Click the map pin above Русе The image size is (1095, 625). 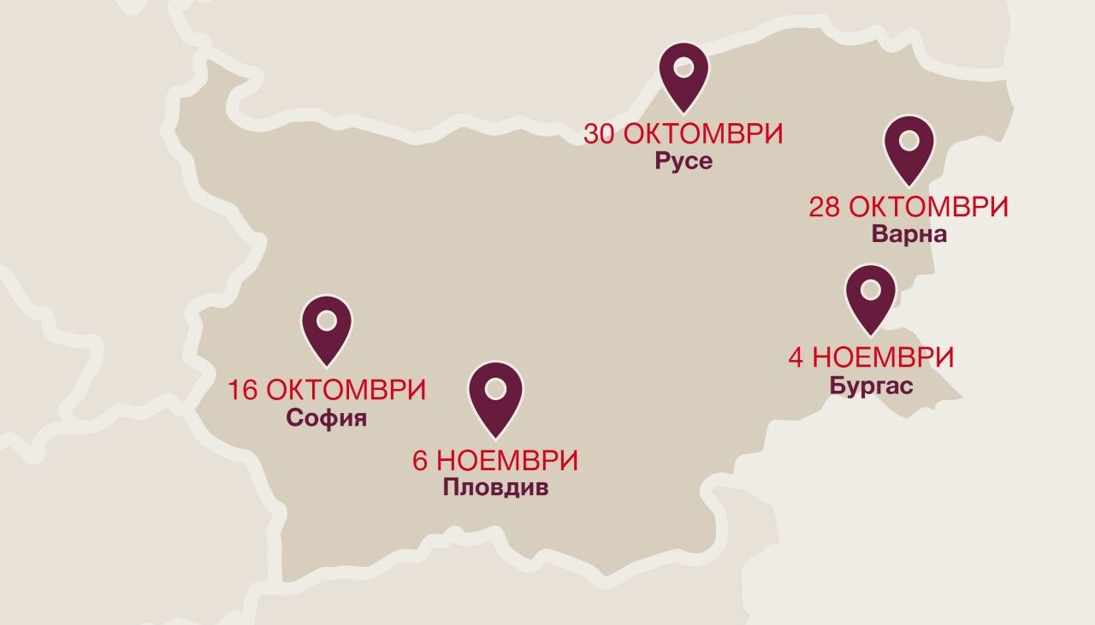[x=684, y=74]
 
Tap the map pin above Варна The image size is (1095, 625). [x=909, y=146]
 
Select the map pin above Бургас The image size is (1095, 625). [x=870, y=296]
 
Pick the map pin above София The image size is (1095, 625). [x=327, y=327]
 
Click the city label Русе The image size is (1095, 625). [x=684, y=161]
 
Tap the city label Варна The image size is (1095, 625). [x=909, y=233]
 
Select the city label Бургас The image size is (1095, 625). [x=871, y=385]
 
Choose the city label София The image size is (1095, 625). [x=327, y=418]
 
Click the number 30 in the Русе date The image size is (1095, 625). [x=600, y=134]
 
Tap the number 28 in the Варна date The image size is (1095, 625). [x=824, y=207]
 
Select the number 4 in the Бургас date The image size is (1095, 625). [x=796, y=357]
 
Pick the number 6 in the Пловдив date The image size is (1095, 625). [x=420, y=461]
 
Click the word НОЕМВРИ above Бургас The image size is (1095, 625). [x=883, y=357]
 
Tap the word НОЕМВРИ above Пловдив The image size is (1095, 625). [x=507, y=461]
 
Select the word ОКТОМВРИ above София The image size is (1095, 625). [x=346, y=391]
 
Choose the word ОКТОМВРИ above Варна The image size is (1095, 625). [x=928, y=207]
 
